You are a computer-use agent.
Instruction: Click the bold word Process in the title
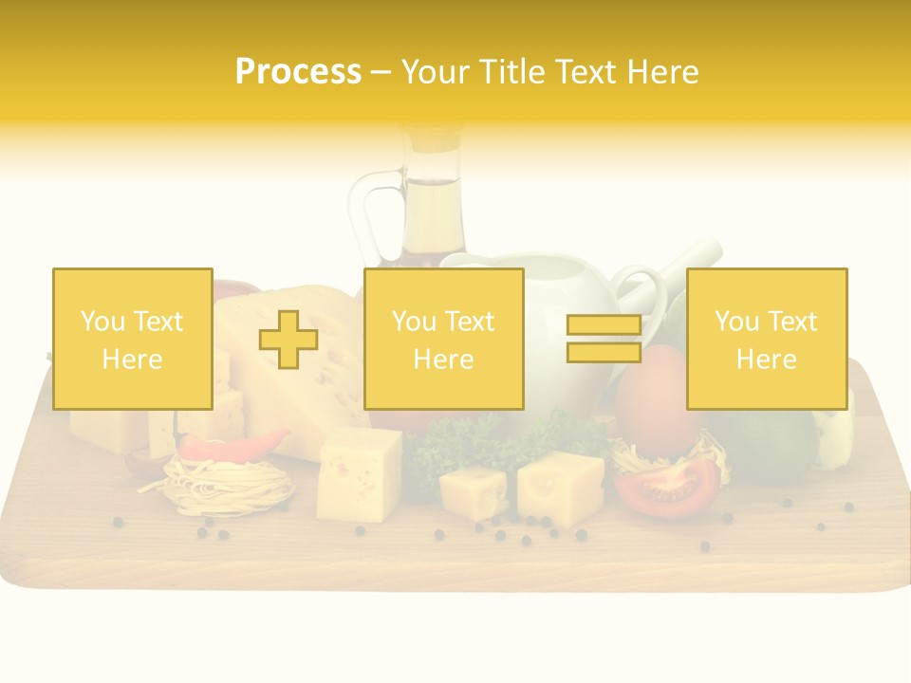[x=298, y=72]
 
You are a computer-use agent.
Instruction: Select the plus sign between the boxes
[x=288, y=340]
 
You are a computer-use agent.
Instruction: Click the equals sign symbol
[x=604, y=339]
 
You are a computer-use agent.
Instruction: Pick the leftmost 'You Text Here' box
[x=132, y=339]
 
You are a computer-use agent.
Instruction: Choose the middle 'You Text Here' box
[x=443, y=339]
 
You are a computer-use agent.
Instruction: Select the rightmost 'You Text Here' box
[x=766, y=339]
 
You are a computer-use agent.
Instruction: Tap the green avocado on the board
[x=773, y=446]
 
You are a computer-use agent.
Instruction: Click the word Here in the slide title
[x=661, y=72]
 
